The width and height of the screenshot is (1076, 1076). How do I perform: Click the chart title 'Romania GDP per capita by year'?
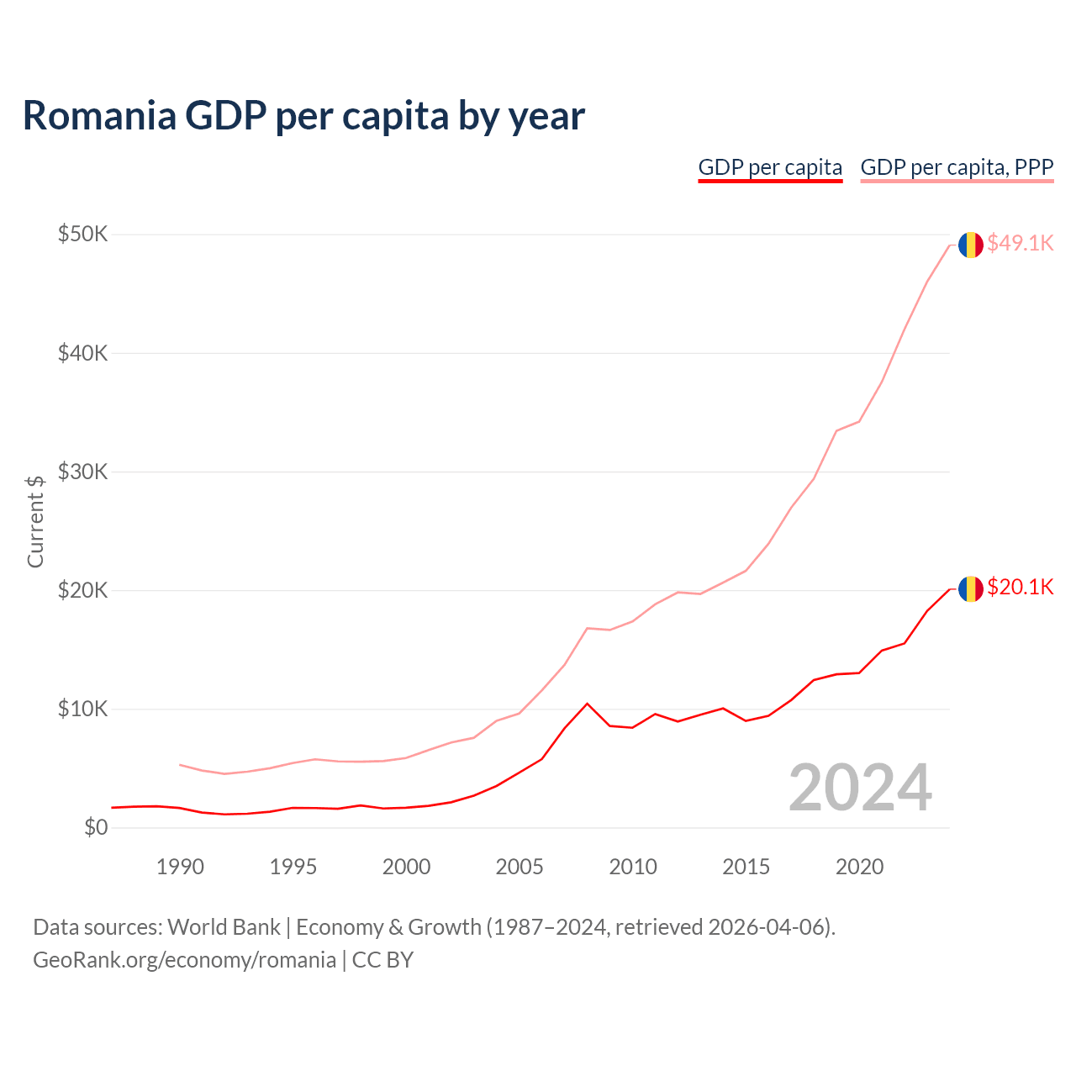pos(303,116)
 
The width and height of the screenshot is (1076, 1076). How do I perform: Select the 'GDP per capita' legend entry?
pos(770,167)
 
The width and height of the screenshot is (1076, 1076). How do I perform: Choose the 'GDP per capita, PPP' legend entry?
pos(957,167)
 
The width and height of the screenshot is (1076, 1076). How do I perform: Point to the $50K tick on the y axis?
pos(82,234)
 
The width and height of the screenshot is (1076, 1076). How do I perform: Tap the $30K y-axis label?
pos(82,472)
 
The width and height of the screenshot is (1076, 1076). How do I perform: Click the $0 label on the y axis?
pos(96,828)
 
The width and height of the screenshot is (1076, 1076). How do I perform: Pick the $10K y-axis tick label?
pos(82,709)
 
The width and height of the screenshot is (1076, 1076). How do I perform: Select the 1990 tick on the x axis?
pos(180,867)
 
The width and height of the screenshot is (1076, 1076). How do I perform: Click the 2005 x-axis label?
pos(520,867)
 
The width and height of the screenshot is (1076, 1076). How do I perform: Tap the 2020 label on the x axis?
pos(859,867)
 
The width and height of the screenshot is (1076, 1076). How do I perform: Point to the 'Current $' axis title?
pos(35,521)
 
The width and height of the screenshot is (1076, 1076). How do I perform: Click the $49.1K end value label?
pos(1020,243)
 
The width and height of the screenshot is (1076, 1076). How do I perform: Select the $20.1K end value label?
pos(1020,587)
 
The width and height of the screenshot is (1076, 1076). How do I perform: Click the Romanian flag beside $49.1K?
pos(971,245)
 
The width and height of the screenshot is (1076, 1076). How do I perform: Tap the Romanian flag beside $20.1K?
pos(971,588)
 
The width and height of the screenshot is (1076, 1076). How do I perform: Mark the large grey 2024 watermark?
pos(860,788)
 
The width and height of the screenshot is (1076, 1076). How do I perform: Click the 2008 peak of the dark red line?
pos(587,704)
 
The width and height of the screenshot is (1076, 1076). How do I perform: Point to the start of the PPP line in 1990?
pos(181,765)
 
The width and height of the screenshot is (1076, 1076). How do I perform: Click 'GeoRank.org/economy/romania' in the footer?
pos(184,960)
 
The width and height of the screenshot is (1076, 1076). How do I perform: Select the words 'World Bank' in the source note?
pos(224,927)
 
